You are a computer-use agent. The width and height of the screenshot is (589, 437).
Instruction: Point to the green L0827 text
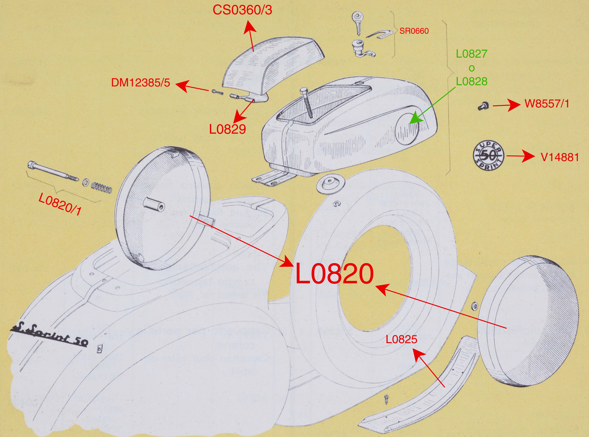pos(471,54)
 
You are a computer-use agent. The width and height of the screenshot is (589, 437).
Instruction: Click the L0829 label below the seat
pos(228,129)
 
